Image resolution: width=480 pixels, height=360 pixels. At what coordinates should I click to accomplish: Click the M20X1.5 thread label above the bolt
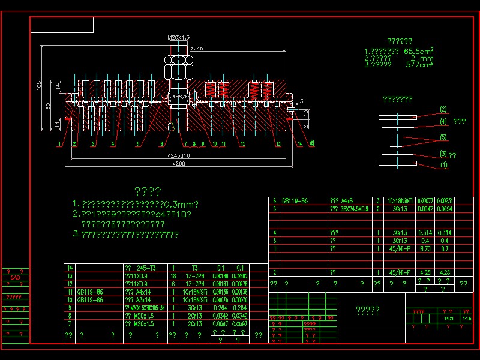[x=179, y=38]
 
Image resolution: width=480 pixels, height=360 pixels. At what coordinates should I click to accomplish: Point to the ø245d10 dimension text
[x=179, y=156]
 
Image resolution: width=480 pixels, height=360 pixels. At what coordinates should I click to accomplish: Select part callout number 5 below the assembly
[x=137, y=144]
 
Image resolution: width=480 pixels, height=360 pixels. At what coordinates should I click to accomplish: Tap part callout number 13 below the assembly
[x=278, y=144]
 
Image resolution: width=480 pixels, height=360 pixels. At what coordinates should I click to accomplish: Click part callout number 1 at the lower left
[x=61, y=144]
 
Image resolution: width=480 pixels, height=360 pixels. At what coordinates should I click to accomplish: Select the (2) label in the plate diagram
[x=443, y=109]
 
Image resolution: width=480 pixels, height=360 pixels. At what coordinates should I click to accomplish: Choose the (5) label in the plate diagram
[x=443, y=137]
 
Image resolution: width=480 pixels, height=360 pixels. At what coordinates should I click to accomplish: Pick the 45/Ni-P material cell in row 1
[x=400, y=248]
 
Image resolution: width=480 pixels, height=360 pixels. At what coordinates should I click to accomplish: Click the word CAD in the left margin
[x=15, y=278]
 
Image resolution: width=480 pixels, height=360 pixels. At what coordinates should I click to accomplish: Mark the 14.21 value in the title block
[x=448, y=319]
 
